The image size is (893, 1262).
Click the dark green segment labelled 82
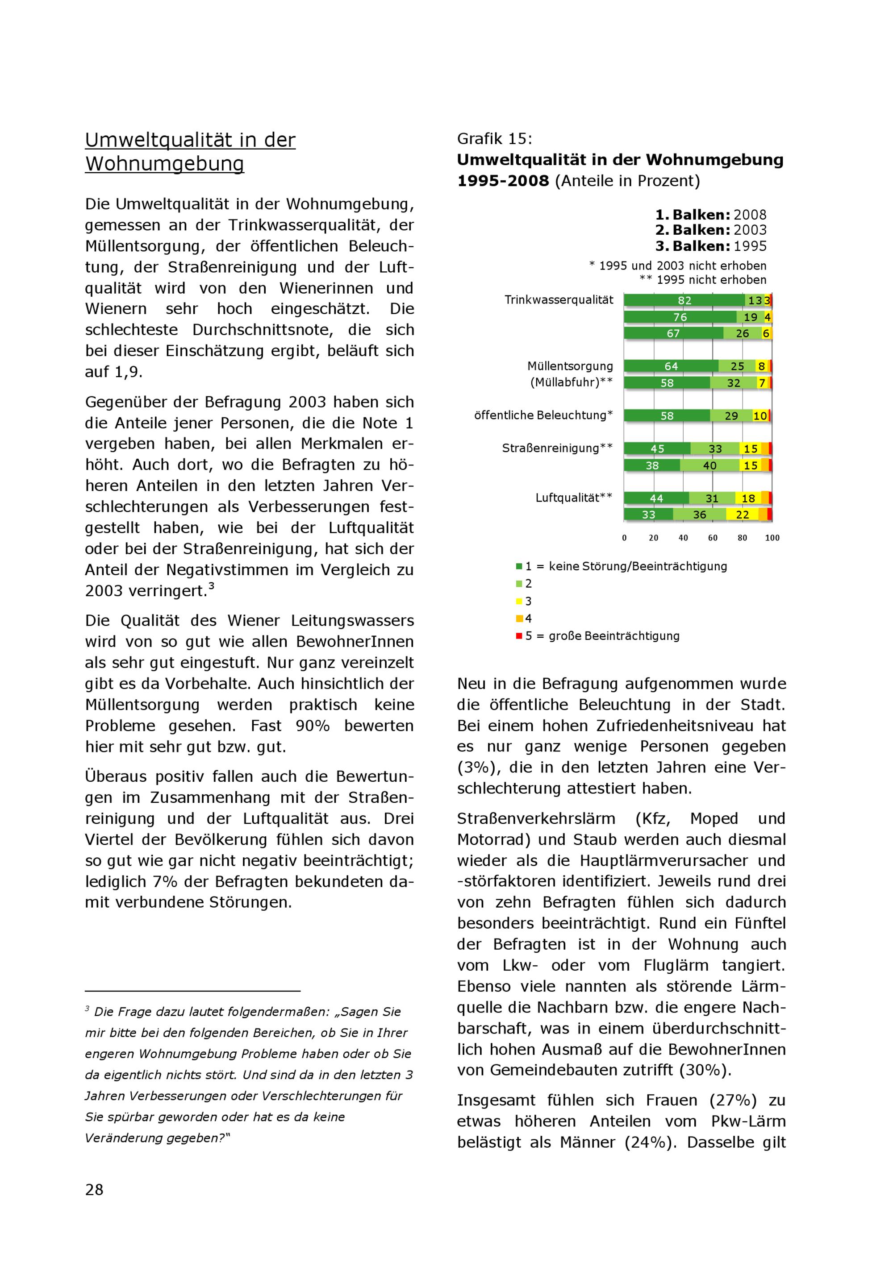pyautogui.click(x=684, y=300)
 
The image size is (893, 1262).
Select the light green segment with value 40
pyautogui.click(x=709, y=465)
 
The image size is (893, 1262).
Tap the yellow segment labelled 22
pyautogui.click(x=743, y=515)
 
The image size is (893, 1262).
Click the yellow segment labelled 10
pyautogui.click(x=760, y=415)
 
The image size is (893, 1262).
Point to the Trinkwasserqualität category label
pyautogui.click(x=559, y=300)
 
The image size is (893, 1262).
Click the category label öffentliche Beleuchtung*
pyautogui.click(x=543, y=415)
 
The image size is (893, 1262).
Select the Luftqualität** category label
pyautogui.click(x=573, y=498)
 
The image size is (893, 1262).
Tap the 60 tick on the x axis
pyautogui.click(x=713, y=538)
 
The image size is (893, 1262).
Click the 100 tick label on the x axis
pyautogui.click(x=772, y=538)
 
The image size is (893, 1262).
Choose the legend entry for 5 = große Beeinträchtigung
pyautogui.click(x=602, y=636)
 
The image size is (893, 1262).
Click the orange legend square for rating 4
pyautogui.click(x=519, y=619)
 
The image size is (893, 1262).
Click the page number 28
pyautogui.click(x=94, y=1190)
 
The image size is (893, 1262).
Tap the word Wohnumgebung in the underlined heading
pyautogui.click(x=164, y=164)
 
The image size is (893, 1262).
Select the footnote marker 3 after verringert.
pyautogui.click(x=211, y=586)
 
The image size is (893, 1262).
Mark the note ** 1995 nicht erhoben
pyautogui.click(x=703, y=280)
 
